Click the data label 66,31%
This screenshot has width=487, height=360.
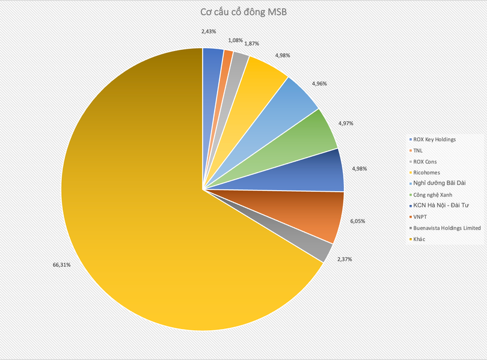tap(61, 264)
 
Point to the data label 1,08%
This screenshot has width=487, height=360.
tap(235, 40)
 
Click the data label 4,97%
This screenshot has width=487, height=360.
tap(346, 123)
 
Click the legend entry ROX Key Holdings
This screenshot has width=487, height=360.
tap(434, 139)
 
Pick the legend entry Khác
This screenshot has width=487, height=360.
tap(421, 239)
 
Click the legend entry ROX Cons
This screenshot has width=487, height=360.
tap(428, 162)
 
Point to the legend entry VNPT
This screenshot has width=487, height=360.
tap(421, 217)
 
